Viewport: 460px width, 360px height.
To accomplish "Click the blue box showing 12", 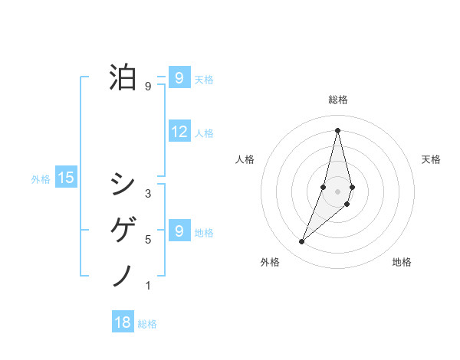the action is click(x=179, y=132).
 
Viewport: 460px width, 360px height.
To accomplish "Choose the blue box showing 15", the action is click(x=66, y=178).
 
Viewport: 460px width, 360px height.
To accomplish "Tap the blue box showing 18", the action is click(x=123, y=322).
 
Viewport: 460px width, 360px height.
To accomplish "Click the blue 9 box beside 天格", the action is click(x=179, y=78).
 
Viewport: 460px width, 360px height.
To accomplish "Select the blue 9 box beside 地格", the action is click(x=179, y=231).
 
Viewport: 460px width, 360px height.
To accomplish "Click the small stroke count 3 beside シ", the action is click(x=148, y=194).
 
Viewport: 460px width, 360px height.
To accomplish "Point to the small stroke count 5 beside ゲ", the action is click(x=148, y=240).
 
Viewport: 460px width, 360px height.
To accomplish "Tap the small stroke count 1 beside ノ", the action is click(x=148, y=286).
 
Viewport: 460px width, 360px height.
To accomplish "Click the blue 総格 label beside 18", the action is click(x=147, y=324).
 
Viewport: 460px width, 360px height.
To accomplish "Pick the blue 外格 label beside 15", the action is click(x=41, y=179).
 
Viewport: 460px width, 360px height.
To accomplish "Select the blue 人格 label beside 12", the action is click(x=204, y=133).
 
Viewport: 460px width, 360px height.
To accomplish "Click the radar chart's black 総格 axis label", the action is click(x=338, y=100).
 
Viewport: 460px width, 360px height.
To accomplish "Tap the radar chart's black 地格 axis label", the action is click(x=402, y=263).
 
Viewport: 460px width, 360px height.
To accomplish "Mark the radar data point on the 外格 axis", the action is click(x=302, y=242).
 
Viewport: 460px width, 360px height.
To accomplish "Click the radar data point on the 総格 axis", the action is click(x=338, y=130).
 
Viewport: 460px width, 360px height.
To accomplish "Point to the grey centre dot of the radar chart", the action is click(x=338, y=191).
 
